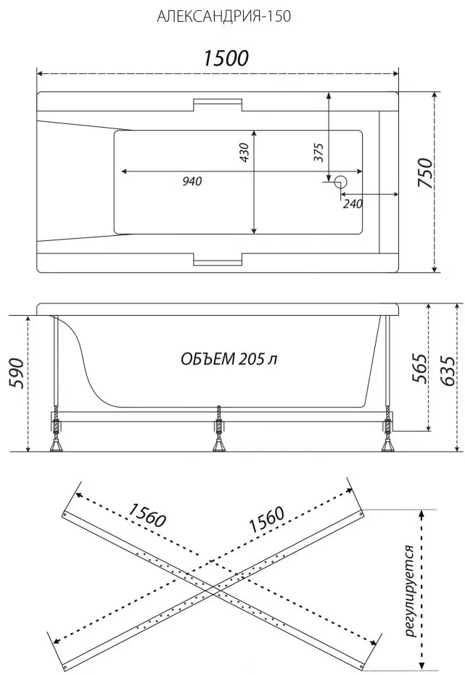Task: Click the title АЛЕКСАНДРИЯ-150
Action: pyautogui.click(x=223, y=16)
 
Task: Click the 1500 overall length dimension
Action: pyautogui.click(x=226, y=59)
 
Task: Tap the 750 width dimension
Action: pyautogui.click(x=425, y=173)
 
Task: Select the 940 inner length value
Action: pyautogui.click(x=192, y=181)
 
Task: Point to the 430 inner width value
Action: pyautogui.click(x=244, y=152)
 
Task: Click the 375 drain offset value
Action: pyautogui.click(x=318, y=152)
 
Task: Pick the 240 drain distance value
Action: pyautogui.click(x=353, y=203)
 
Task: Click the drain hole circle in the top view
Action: pyautogui.click(x=342, y=182)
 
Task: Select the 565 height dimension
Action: pyautogui.click(x=419, y=369)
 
